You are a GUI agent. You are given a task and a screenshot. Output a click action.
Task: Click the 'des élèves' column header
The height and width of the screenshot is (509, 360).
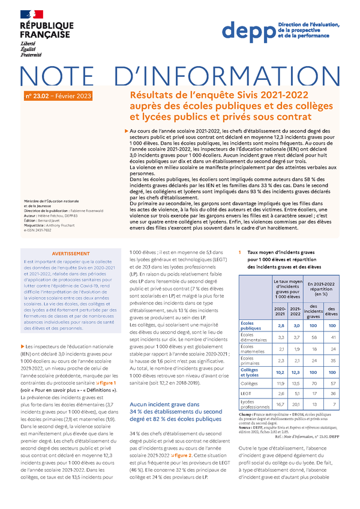tap(331, 310)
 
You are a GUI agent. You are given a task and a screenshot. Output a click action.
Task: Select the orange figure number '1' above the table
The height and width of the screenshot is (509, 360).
tap(240, 253)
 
